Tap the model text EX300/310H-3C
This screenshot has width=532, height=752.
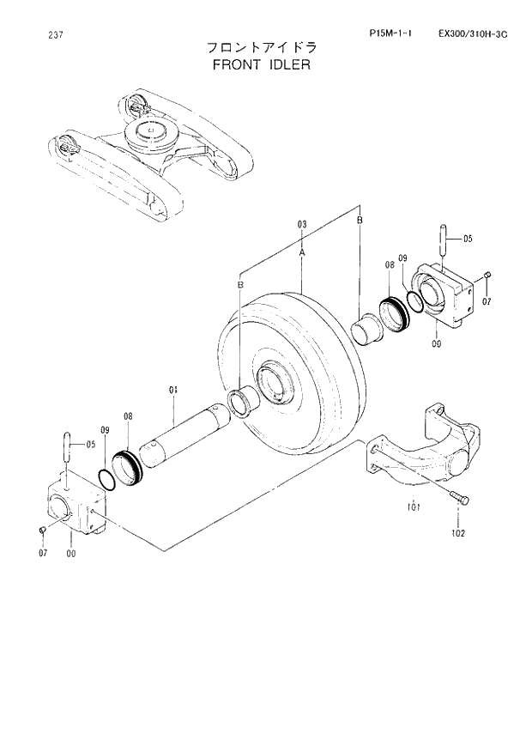coord(472,33)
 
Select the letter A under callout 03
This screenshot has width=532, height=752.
coord(302,254)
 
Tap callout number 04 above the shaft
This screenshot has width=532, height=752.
coord(172,390)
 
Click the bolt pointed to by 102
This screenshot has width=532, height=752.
coord(458,496)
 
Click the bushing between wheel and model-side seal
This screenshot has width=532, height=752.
coord(368,328)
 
